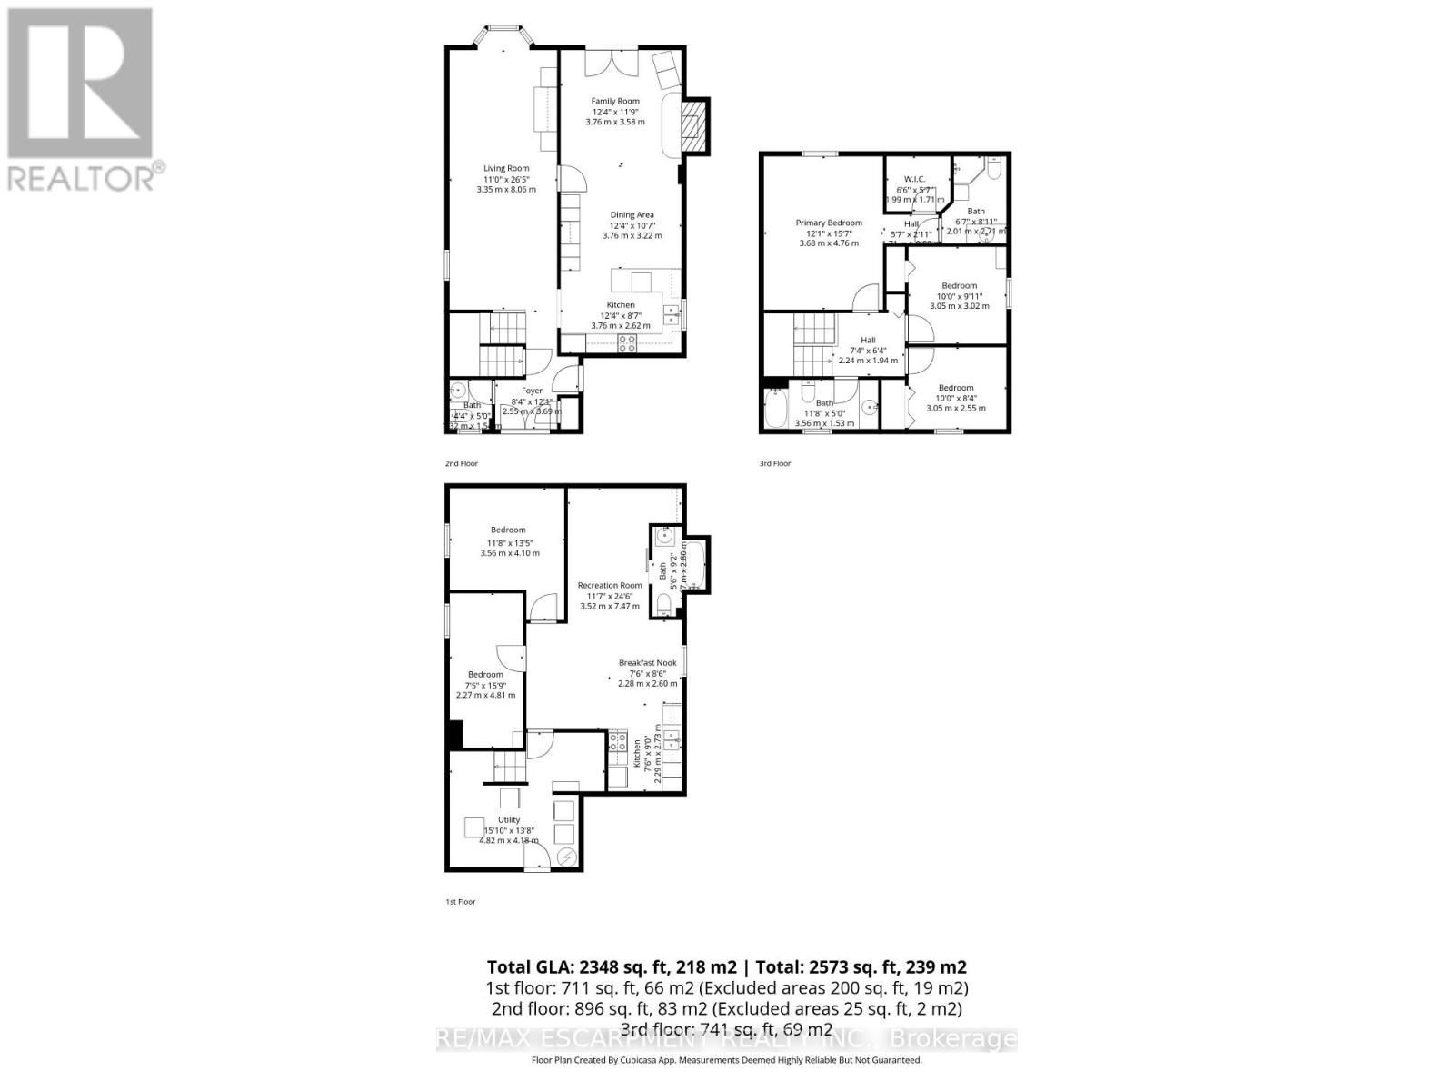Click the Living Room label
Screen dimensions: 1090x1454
(506, 168)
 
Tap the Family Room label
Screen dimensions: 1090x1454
(615, 101)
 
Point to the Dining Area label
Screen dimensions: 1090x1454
(632, 215)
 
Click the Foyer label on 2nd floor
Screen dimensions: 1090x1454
(532, 391)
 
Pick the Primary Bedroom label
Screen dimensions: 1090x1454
(829, 223)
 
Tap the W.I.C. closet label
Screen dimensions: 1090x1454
(914, 179)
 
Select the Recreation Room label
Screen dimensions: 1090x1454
(610, 586)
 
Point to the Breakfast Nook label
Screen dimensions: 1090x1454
(648, 663)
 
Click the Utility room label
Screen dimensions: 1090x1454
(508, 820)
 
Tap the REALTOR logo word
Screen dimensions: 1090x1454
(81, 178)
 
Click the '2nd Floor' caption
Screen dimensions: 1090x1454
(461, 463)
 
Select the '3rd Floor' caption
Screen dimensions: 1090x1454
(775, 463)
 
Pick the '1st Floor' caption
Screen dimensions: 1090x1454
(460, 902)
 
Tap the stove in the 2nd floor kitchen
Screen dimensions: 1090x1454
(627, 342)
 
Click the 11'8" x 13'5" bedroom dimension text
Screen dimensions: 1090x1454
(509, 543)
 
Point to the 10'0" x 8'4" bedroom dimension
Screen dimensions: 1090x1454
(956, 398)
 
